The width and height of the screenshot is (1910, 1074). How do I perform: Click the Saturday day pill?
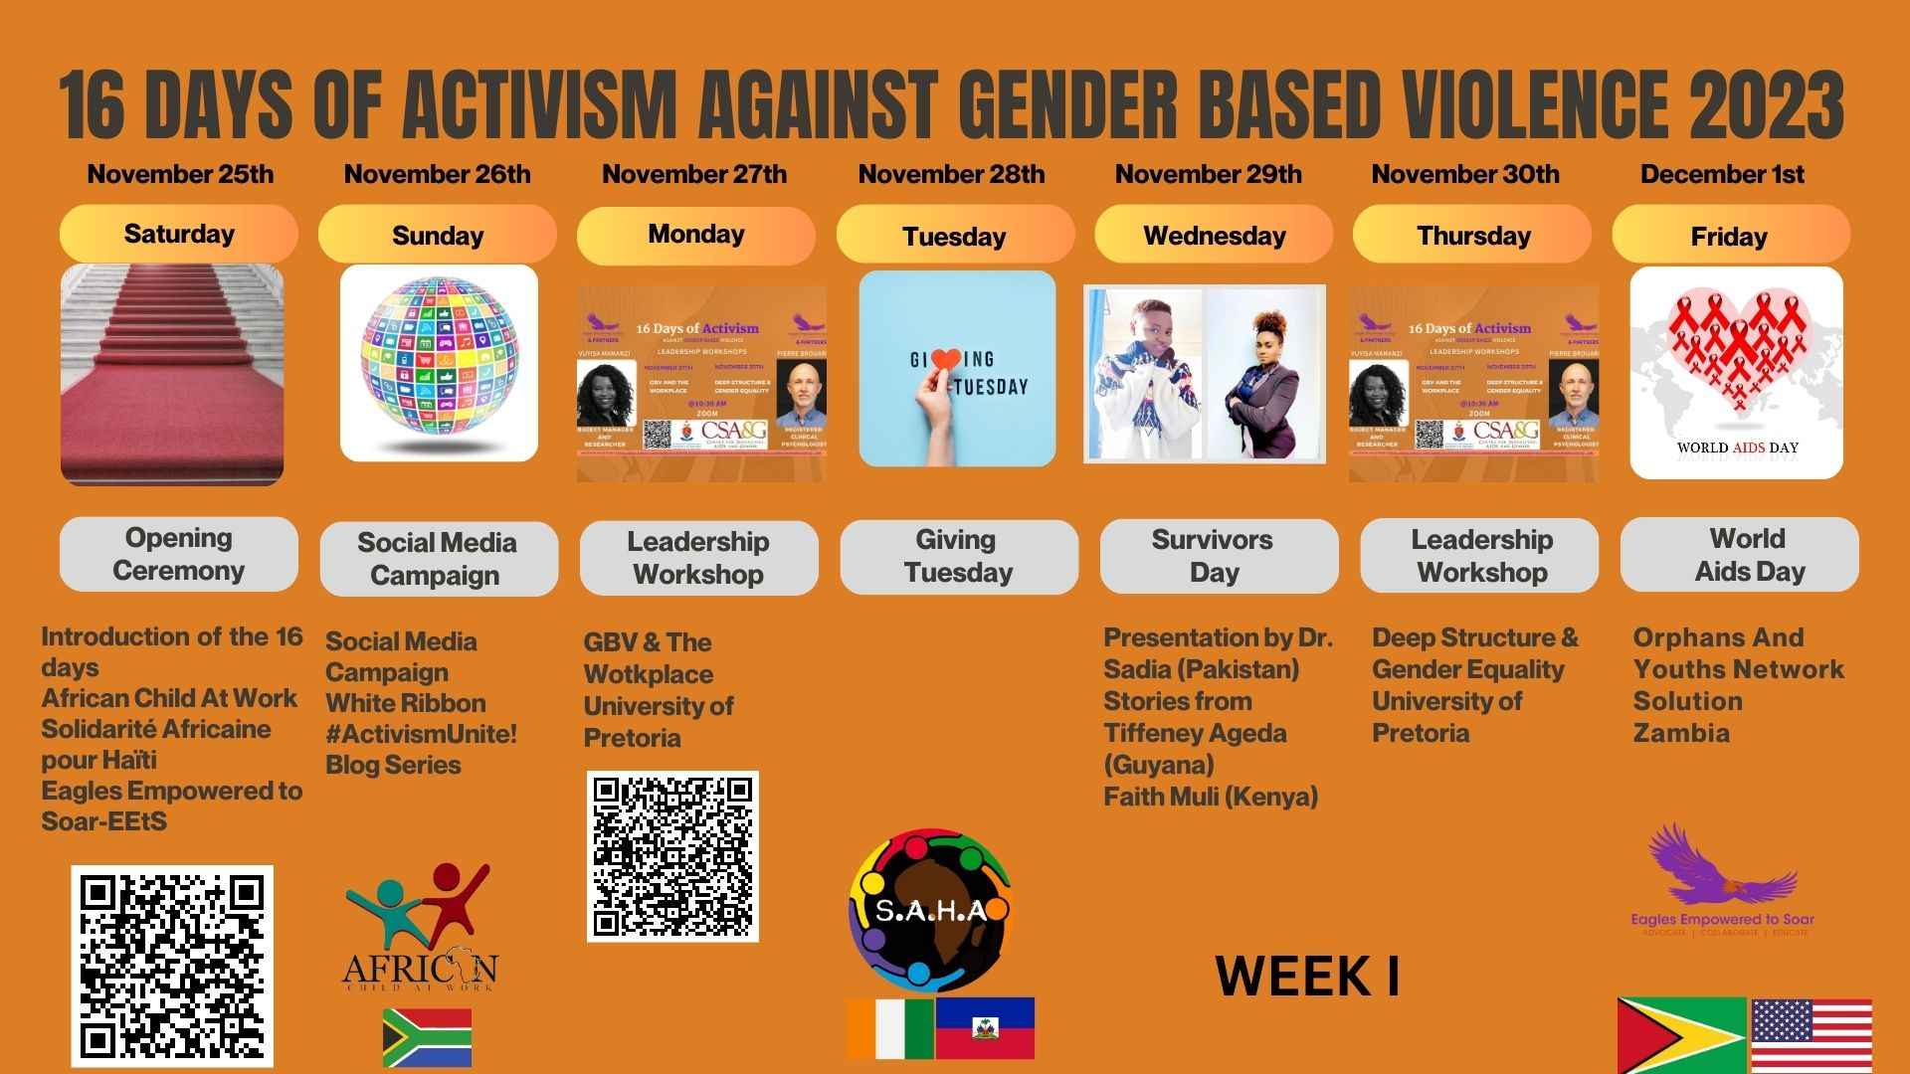[179, 235]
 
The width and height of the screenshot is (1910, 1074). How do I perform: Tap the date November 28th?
[951, 174]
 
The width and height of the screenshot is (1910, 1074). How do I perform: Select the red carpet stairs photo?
[172, 374]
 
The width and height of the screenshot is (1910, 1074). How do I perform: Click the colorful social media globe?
[439, 359]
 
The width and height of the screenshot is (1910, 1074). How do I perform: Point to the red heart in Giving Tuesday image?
[947, 360]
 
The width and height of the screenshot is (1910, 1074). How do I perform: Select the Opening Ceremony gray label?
[179, 554]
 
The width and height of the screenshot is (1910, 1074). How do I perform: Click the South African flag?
[427, 1037]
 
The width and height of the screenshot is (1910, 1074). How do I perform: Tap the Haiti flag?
[985, 1028]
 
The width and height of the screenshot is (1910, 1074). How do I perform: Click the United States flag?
[1811, 1035]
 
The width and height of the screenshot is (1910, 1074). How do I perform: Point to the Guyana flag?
[1681, 1035]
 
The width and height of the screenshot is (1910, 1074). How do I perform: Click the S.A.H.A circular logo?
[930, 910]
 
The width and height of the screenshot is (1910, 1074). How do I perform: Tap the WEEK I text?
[1307, 977]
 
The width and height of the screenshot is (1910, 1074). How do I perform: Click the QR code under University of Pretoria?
[672, 856]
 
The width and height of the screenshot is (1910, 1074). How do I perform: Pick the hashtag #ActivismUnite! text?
[422, 734]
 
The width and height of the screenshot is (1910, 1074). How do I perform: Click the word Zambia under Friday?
[1681, 733]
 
